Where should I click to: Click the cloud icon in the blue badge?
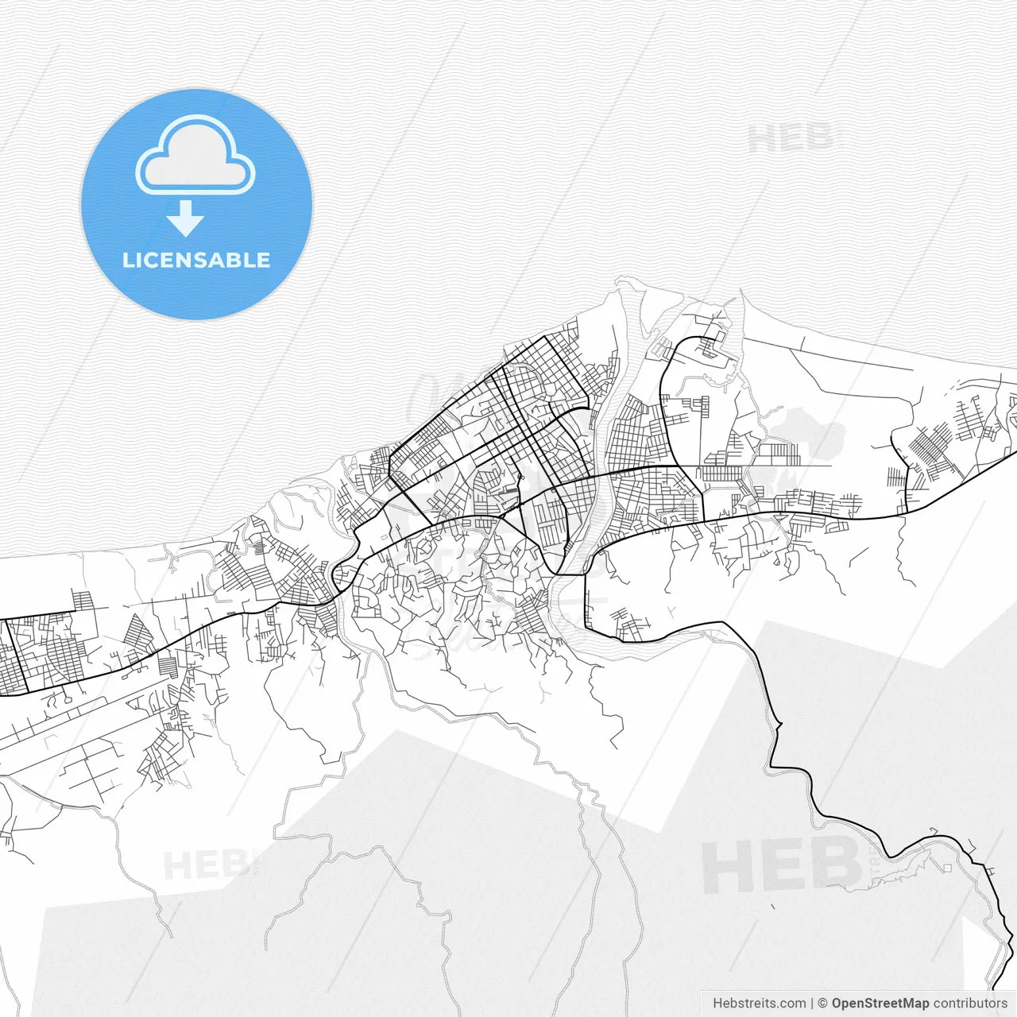tap(195, 157)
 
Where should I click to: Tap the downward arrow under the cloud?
tap(185, 218)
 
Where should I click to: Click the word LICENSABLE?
tap(196, 261)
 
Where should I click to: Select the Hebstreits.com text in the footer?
tap(758, 1003)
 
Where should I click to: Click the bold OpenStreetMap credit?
tap(880, 1003)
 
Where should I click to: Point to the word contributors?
tap(969, 1003)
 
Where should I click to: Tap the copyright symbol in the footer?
tap(822, 1003)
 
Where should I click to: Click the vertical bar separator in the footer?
tap(811, 1003)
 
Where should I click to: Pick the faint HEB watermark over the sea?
tap(791, 139)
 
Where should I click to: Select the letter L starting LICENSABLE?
tap(128, 261)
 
